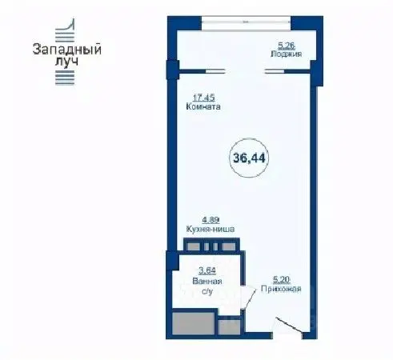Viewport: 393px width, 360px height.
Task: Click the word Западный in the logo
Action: (x=67, y=50)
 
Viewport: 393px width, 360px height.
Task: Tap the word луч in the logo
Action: (x=66, y=62)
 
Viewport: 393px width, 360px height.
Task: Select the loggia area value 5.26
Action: (x=287, y=46)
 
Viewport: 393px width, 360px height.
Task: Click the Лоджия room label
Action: (x=287, y=54)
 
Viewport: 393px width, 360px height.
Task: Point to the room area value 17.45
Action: (x=204, y=98)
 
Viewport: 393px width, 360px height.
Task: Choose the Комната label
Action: (x=203, y=106)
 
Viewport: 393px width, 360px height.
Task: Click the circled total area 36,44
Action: (x=249, y=158)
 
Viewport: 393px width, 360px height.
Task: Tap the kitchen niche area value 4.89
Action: (x=211, y=220)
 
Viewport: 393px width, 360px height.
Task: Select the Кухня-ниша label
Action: (x=211, y=229)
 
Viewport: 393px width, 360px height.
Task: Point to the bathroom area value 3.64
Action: (x=207, y=270)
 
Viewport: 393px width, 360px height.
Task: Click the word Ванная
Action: (x=207, y=282)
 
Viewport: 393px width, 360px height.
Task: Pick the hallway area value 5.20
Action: (x=281, y=280)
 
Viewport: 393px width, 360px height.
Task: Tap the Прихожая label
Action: (x=281, y=289)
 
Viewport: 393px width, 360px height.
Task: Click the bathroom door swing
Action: (x=250, y=298)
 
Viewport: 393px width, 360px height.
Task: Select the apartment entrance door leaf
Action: (x=289, y=325)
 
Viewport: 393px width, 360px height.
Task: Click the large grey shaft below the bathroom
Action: (x=193, y=323)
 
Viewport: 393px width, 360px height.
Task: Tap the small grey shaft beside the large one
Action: (x=230, y=327)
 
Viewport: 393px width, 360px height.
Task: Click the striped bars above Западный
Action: (x=65, y=30)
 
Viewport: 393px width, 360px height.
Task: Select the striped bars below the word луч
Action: (x=65, y=78)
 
